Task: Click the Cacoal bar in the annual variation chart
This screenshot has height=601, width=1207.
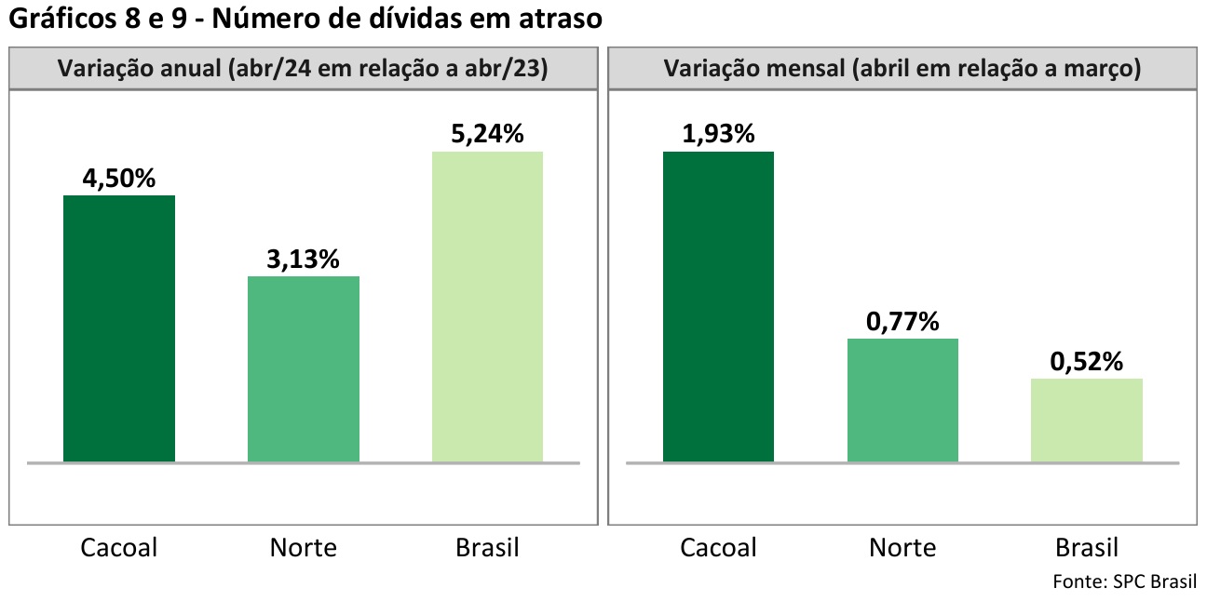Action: coord(119,328)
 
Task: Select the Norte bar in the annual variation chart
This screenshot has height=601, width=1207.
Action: coord(303,368)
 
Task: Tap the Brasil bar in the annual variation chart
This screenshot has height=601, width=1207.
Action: coord(487,306)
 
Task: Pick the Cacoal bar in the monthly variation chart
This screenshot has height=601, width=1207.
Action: coord(718,306)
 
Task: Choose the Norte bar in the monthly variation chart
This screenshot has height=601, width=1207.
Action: coord(902,400)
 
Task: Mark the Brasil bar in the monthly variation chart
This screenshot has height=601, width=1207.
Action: coord(1086,420)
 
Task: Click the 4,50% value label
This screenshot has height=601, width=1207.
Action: coord(119,179)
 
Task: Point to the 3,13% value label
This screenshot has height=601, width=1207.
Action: coord(303,260)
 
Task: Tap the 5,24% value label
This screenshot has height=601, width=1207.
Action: coord(487,135)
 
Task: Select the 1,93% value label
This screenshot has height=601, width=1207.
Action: coord(718,135)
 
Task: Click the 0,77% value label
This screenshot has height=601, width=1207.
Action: coord(902,322)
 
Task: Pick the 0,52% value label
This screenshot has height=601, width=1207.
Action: coord(1086,362)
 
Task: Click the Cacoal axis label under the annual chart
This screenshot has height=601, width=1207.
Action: coord(119,547)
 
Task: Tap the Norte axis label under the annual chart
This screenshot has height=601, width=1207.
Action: coord(303,547)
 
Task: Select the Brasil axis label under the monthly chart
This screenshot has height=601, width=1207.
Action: coord(1086,547)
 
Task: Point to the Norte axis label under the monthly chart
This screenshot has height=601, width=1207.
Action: coord(902,547)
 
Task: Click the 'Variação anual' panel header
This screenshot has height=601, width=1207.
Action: coord(303,70)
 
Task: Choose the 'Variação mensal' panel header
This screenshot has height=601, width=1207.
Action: coord(902,70)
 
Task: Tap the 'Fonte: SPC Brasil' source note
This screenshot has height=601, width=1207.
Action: coord(1124,581)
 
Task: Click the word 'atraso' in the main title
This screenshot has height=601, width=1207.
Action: coord(557,19)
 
